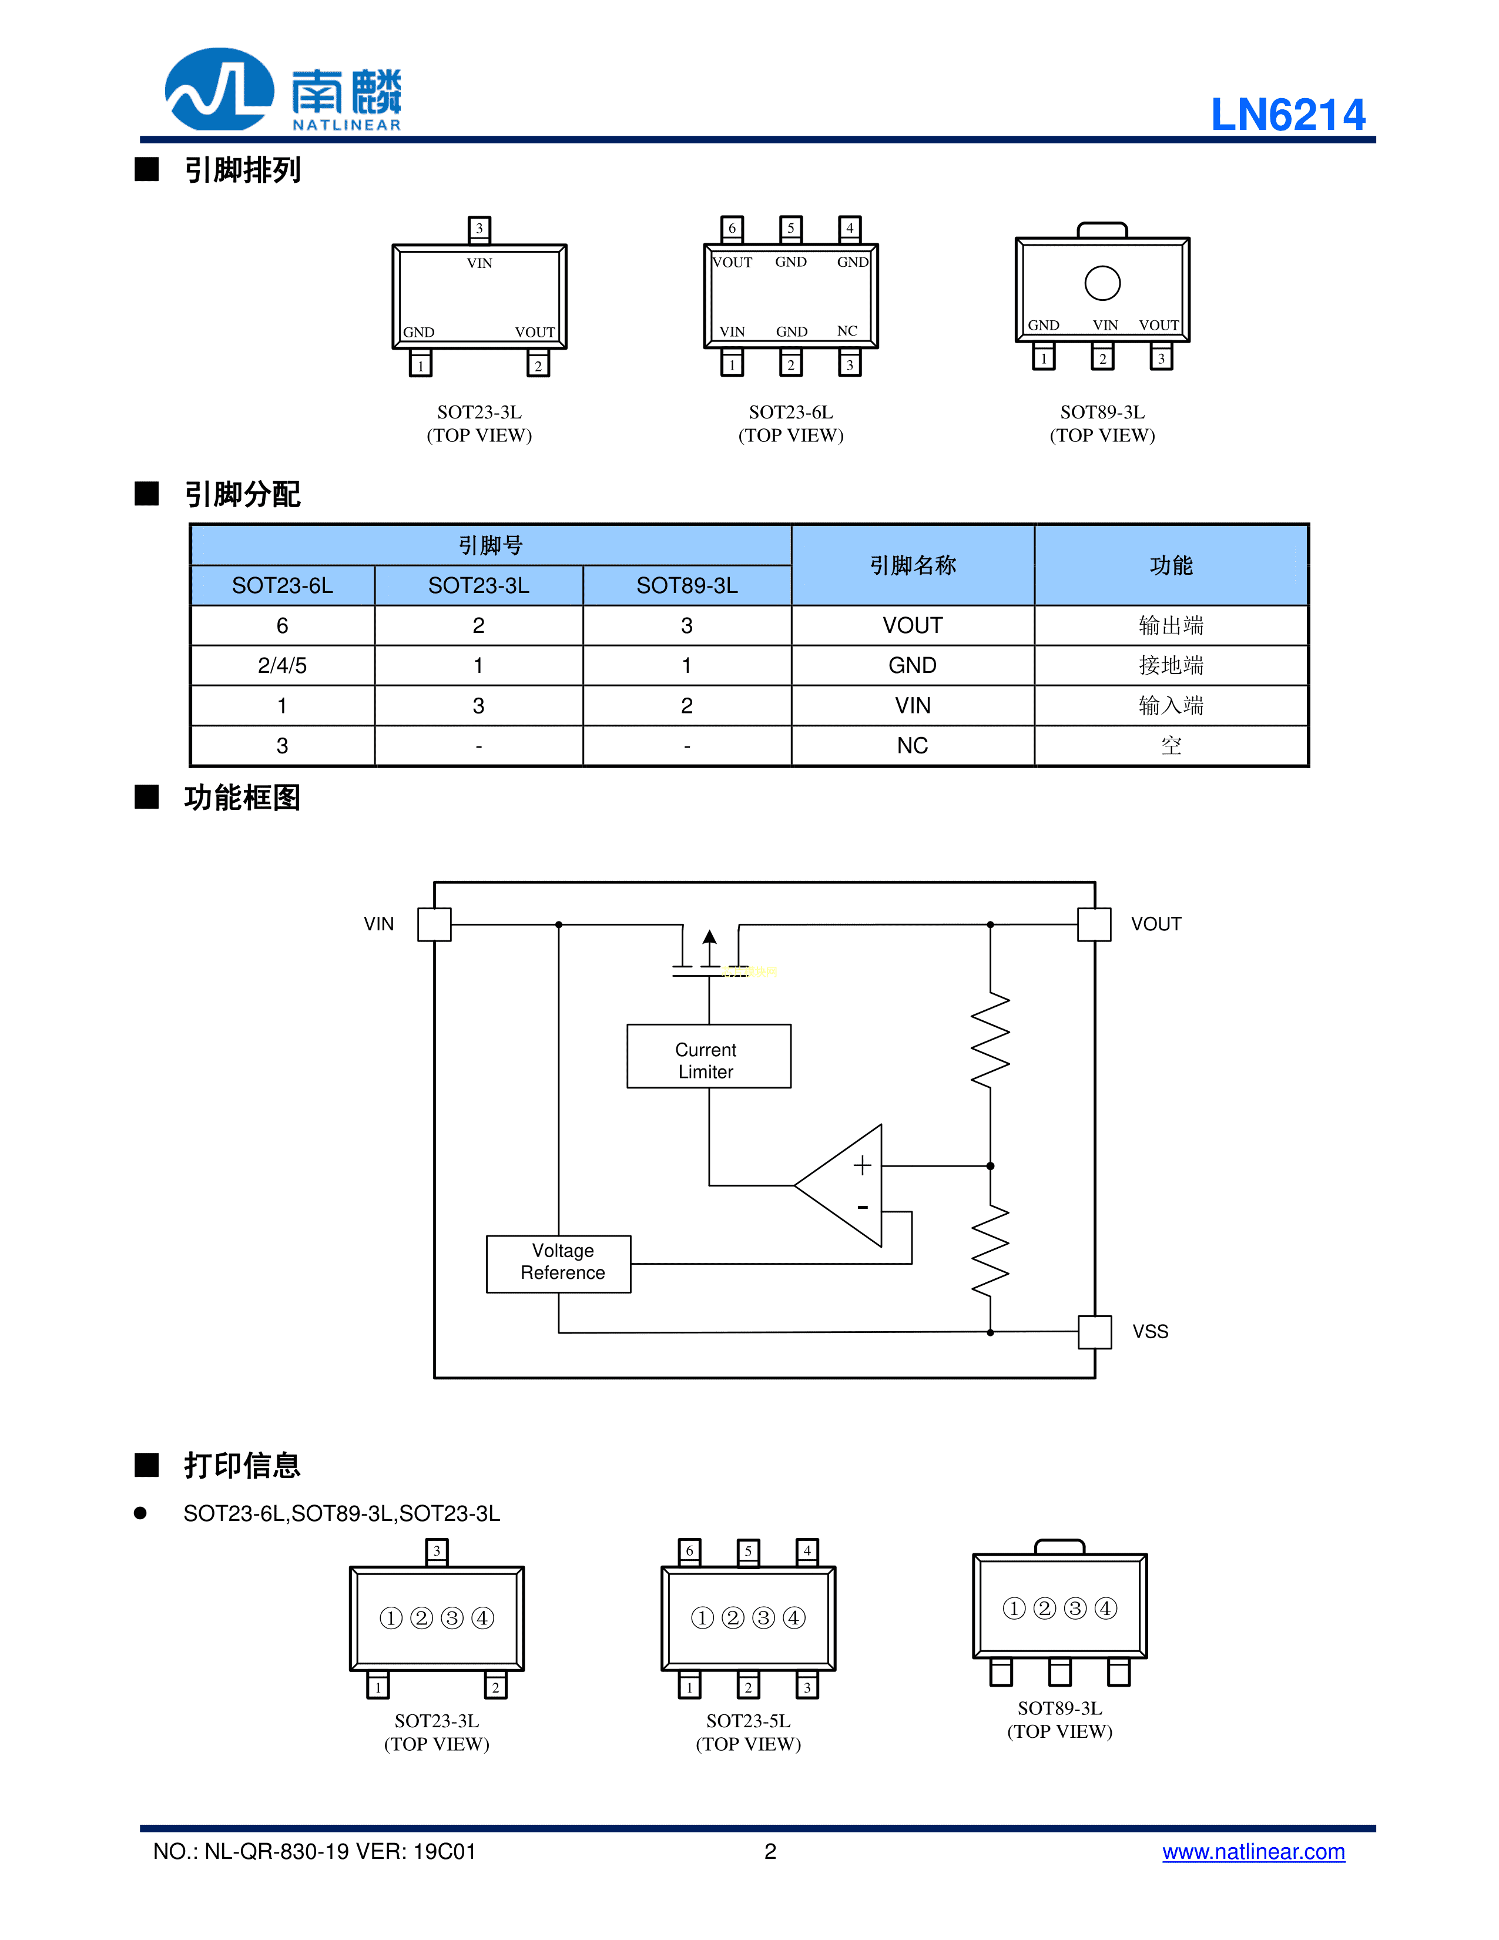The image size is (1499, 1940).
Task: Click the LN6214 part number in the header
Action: [x=1287, y=115]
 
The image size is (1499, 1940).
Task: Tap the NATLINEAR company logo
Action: [x=283, y=91]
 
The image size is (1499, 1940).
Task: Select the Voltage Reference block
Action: [x=559, y=1262]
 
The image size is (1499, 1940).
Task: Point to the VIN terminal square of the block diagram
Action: [x=434, y=924]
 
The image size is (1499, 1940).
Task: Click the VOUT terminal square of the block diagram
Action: [x=1094, y=924]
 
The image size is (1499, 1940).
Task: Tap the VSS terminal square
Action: [x=1094, y=1332]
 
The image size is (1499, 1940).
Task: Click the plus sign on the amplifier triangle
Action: [x=861, y=1165]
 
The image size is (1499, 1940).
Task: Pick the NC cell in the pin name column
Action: [x=912, y=745]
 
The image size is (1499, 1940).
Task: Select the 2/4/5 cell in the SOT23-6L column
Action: [x=283, y=665]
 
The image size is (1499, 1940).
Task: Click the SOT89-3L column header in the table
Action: [x=686, y=585]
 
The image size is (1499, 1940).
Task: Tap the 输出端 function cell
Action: [x=1171, y=625]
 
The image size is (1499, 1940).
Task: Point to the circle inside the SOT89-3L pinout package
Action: [x=1102, y=283]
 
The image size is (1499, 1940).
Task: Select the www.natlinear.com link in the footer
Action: [x=1253, y=1851]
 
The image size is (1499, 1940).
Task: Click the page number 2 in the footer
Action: [x=770, y=1851]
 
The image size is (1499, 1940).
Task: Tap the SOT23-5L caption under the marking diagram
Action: [x=747, y=1721]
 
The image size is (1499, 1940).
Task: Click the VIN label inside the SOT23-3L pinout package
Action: [x=479, y=263]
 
